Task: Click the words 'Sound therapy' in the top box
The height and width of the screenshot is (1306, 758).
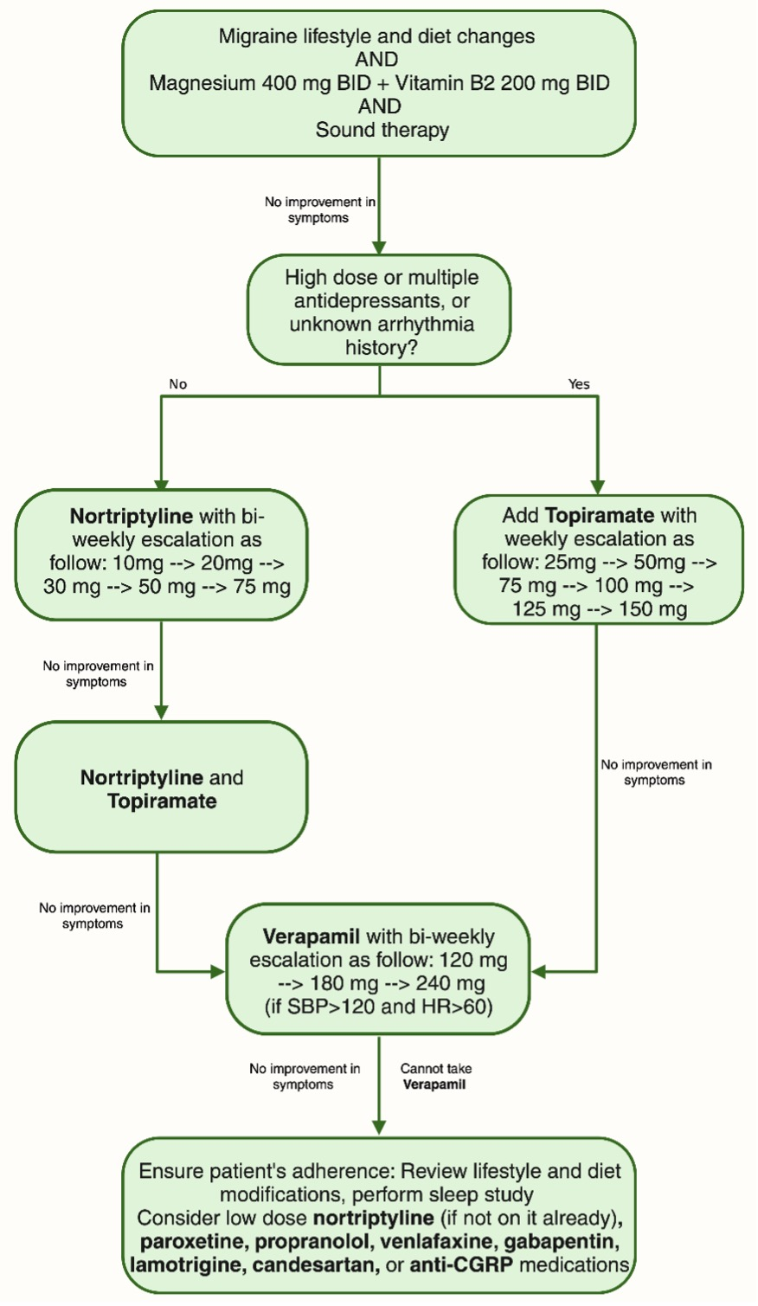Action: point(382,130)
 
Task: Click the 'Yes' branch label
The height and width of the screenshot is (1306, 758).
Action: point(579,384)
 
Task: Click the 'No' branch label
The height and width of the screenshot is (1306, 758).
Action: point(177,384)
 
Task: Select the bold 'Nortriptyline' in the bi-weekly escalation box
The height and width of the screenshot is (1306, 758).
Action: point(131,517)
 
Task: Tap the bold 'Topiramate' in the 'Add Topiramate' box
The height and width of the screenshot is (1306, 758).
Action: point(600,516)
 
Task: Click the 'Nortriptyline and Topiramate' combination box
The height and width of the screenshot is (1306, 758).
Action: point(162,788)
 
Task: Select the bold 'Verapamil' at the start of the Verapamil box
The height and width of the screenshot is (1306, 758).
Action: point(312,936)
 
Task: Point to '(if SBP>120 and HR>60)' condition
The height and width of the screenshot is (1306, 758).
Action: point(379,1007)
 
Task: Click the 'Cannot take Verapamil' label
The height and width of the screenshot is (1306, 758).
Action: point(435,1077)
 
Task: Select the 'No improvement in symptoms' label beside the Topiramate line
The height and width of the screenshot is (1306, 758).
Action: point(656,772)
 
